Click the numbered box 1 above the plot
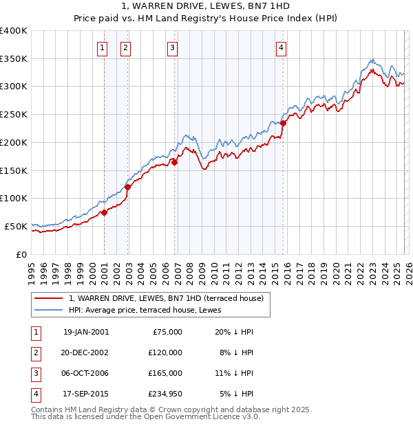pyautogui.click(x=102, y=48)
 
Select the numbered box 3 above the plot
pyautogui.click(x=171, y=48)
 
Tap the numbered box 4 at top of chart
pyautogui.click(x=282, y=48)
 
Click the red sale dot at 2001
pyautogui.click(x=105, y=212)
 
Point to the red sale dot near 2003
pyautogui.click(x=128, y=186)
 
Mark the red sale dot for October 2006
pyautogui.click(x=174, y=163)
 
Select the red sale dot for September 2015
pyautogui.click(x=283, y=124)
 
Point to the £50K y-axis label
pyautogui.click(x=17, y=226)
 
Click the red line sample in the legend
pyautogui.click(x=50, y=298)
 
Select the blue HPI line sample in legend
pyautogui.click(x=50, y=310)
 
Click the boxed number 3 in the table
pyautogui.click(x=35, y=374)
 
